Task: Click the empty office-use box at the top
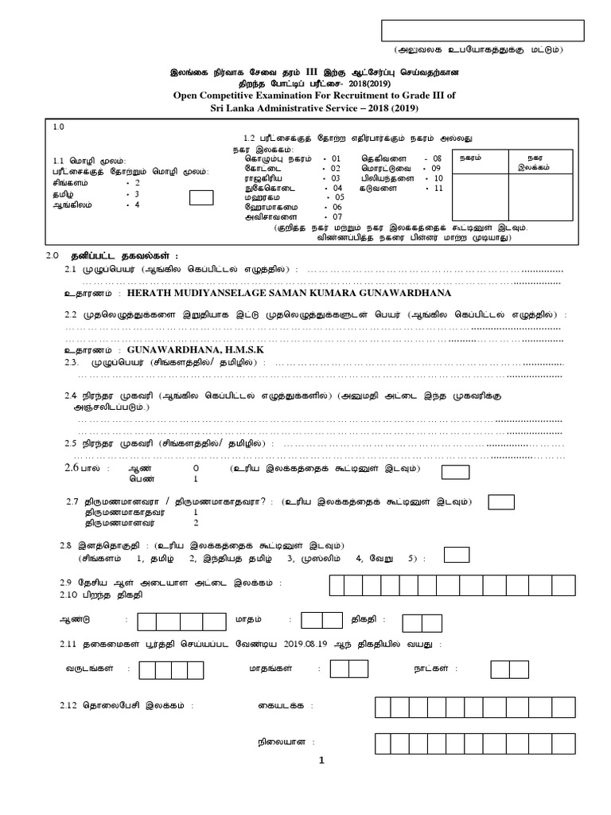[x=483, y=30]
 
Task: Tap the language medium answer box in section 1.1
[x=201, y=198]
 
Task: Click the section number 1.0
[x=59, y=127]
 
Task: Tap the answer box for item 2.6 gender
[x=455, y=473]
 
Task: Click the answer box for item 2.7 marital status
[x=500, y=501]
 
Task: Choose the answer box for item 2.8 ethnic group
[x=456, y=554]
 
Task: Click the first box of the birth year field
[x=146, y=622]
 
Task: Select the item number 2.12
[x=70, y=706]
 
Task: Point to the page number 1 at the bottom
[x=322, y=760]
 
